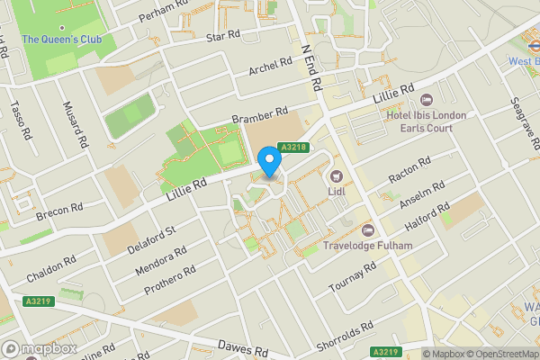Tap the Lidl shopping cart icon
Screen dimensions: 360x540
point(337,176)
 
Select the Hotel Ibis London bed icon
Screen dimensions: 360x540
point(427,99)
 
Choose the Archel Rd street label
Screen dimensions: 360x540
point(271,65)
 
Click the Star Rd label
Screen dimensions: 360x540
point(224,36)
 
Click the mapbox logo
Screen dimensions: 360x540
point(40,348)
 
